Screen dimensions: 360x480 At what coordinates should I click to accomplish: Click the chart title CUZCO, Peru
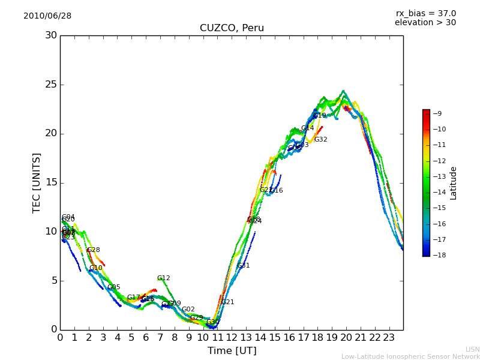232,28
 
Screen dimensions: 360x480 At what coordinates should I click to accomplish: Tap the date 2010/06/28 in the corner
47,16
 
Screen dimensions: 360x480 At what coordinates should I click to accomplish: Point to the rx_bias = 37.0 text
425,13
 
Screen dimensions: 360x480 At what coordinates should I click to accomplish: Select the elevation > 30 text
425,23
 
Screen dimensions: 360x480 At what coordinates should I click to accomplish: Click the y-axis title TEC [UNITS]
37,182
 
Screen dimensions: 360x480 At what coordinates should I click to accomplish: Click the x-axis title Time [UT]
232,350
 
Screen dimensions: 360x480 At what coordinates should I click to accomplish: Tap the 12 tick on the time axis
232,337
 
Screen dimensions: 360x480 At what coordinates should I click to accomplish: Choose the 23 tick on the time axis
389,337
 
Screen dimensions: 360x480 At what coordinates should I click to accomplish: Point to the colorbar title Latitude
454,182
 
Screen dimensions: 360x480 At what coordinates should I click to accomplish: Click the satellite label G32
320,140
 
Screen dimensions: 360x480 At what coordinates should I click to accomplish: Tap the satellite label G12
163,278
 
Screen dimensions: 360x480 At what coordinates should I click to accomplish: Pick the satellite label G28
93,250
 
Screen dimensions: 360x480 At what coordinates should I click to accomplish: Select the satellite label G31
243,266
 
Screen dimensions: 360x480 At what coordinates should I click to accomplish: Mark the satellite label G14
307,128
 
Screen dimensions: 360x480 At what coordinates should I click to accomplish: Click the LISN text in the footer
472,349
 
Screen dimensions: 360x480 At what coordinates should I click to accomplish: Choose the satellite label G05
113,287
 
